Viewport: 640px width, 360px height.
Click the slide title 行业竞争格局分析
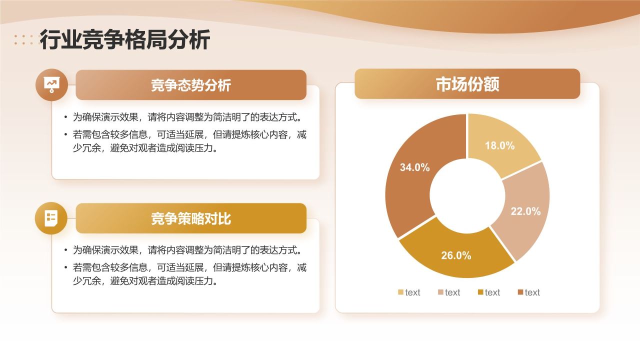pyautogui.click(x=125, y=40)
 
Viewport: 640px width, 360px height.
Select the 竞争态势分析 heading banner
pyautogui.click(x=190, y=85)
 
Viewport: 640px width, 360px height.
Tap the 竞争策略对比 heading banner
pyautogui.click(x=190, y=218)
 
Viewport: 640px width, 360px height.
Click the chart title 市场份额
pyautogui.click(x=467, y=84)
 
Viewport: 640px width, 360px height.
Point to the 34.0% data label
pyautogui.click(x=414, y=167)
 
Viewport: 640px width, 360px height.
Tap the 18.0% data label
pyautogui.click(x=499, y=145)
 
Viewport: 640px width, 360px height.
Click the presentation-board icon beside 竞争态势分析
pyautogui.click(x=51, y=84)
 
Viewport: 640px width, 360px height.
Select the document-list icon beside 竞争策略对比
pyautogui.click(x=51, y=218)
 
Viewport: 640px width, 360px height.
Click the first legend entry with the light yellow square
pyautogui.click(x=408, y=292)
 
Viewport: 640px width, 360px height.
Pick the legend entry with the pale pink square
pyautogui.click(x=448, y=292)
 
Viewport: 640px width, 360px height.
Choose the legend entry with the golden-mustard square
pyautogui.click(x=488, y=292)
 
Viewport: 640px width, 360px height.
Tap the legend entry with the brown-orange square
pyautogui.click(x=528, y=292)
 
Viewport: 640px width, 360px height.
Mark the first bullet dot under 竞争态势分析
pyautogui.click(x=65, y=117)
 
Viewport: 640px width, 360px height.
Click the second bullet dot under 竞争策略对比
pyautogui.click(x=65, y=267)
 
